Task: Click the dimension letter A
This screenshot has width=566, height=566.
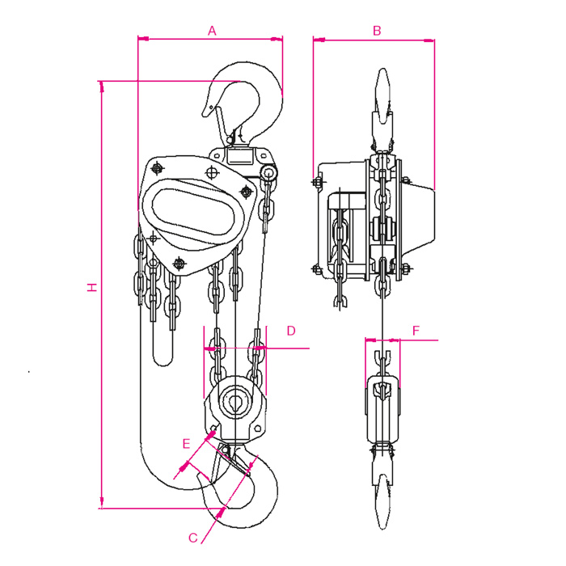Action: (x=212, y=31)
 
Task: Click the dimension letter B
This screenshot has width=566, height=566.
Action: (x=377, y=31)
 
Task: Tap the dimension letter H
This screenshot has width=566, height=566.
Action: (x=93, y=287)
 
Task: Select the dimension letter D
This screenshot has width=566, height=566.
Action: (x=291, y=331)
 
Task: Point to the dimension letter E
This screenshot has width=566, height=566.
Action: (x=186, y=443)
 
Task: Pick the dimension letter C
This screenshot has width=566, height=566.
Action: (x=193, y=538)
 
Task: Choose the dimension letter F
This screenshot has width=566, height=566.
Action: (x=416, y=331)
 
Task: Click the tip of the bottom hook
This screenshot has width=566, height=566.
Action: (x=199, y=478)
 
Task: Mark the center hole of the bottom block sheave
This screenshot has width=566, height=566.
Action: (x=235, y=402)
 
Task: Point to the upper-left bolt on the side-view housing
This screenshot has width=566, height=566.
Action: (x=318, y=182)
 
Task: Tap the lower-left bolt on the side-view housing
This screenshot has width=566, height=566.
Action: (x=317, y=269)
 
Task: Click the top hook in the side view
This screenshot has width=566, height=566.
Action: (x=382, y=108)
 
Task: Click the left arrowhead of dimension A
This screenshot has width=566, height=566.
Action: (x=143, y=38)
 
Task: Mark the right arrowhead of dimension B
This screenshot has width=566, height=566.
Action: (x=429, y=40)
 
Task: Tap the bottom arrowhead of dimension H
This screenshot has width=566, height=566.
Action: (x=101, y=502)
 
